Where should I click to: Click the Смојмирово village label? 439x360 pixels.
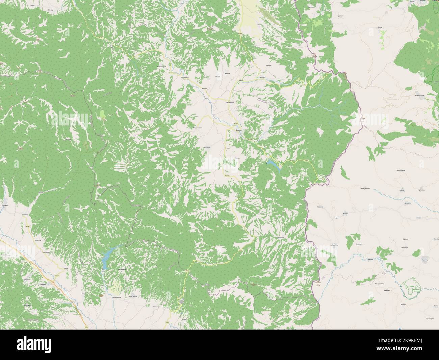tap(231, 102)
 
